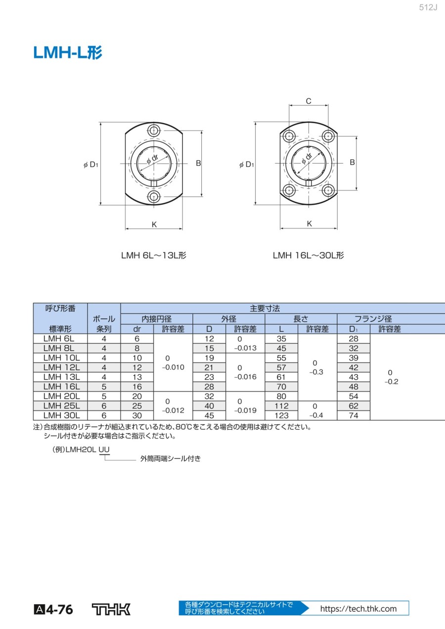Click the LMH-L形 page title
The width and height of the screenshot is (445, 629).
68,53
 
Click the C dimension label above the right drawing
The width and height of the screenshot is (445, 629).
309,101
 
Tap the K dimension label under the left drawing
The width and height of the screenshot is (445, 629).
154,225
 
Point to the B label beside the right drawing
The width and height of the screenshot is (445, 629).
353,162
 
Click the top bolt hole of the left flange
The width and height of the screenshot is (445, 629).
154,131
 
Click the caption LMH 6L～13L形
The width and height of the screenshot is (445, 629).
154,255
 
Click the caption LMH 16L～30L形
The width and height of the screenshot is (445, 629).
309,255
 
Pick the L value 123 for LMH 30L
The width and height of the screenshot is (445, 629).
281,415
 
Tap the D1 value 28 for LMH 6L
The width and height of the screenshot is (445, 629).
353,339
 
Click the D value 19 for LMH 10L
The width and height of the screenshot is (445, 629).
209,358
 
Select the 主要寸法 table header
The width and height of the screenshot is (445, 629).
265,308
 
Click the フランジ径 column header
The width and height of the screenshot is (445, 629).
373,319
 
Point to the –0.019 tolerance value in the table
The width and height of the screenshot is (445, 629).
245,410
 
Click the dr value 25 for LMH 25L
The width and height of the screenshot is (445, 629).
137,406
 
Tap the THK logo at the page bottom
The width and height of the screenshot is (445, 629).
111,609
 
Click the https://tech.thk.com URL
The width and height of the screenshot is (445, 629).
358,609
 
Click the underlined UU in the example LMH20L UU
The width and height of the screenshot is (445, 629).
105,449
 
